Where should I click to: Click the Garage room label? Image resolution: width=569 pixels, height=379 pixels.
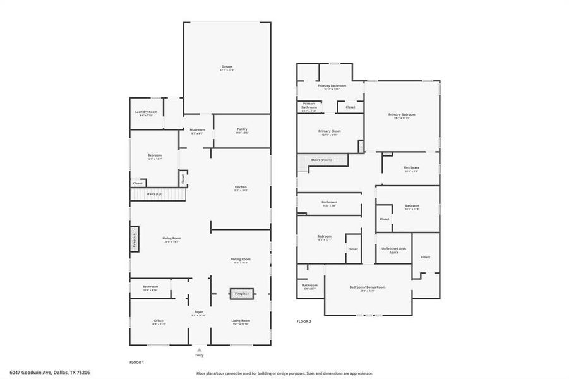click(x=227, y=66)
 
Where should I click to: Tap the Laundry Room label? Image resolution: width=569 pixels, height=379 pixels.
click(x=146, y=112)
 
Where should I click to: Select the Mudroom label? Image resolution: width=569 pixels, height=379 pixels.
click(x=197, y=129)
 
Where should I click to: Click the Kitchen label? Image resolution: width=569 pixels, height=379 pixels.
click(x=241, y=187)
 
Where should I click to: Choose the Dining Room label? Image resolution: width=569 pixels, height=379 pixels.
click(x=241, y=259)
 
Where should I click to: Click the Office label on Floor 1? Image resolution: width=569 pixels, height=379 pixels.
click(x=159, y=321)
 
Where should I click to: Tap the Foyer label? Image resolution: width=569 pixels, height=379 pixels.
click(x=199, y=312)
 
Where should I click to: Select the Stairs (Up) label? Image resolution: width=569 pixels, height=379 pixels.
click(x=154, y=194)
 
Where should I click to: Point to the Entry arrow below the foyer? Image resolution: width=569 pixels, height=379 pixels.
click(x=200, y=349)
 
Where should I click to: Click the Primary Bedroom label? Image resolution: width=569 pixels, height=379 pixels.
click(x=402, y=114)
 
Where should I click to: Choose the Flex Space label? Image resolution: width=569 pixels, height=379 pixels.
click(x=411, y=168)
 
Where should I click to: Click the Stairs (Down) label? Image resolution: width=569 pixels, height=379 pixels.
click(x=321, y=160)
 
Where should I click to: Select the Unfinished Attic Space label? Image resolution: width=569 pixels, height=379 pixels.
click(x=393, y=250)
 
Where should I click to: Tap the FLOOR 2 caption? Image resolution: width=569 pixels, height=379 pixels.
click(x=304, y=321)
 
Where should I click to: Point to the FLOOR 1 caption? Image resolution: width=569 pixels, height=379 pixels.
click(x=136, y=362)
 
